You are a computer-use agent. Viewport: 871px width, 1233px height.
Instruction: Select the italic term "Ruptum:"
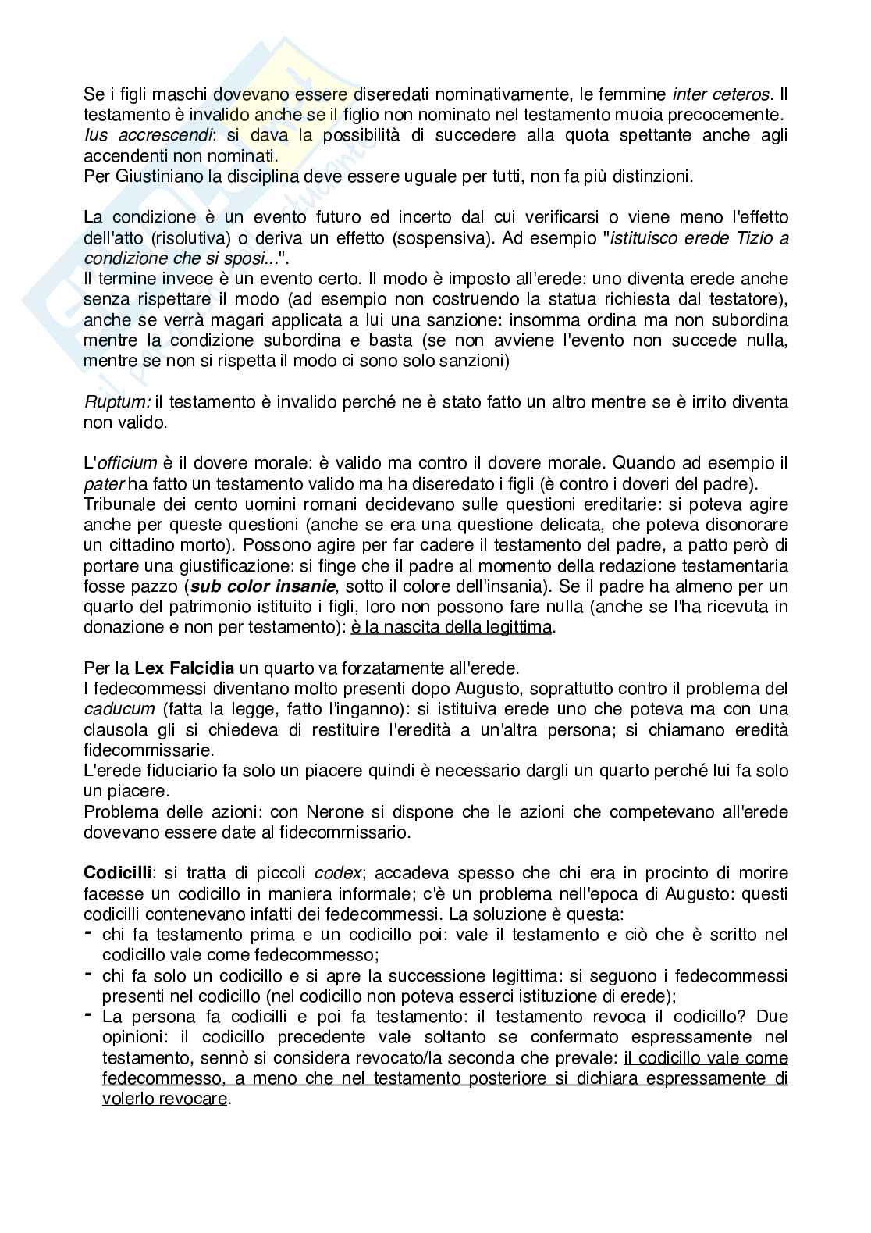click(x=116, y=402)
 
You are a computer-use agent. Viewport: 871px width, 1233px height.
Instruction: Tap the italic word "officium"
click(x=126, y=463)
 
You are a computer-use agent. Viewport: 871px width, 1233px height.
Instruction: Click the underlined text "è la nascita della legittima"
click(x=451, y=626)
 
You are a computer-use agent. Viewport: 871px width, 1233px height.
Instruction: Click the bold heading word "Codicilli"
click(x=117, y=872)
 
